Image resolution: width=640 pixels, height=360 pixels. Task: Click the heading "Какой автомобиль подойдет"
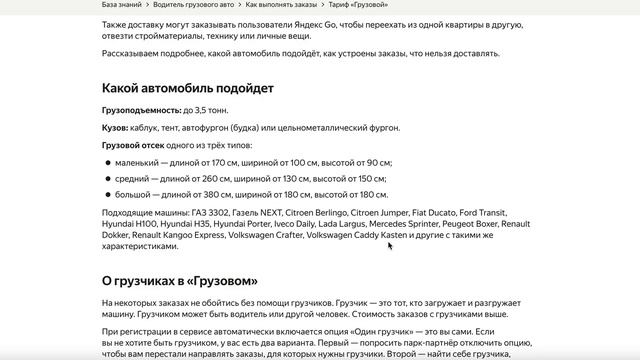[188, 88]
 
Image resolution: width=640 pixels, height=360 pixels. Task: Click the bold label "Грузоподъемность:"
[141, 109]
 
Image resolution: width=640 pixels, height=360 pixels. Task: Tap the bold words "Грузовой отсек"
[133, 145]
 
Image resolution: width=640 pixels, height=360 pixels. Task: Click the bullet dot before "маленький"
[108, 162]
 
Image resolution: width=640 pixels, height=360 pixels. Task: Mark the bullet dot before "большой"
[108, 195]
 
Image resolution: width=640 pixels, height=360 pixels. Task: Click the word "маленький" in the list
[138, 162]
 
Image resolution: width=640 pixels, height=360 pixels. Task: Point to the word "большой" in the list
[134, 195]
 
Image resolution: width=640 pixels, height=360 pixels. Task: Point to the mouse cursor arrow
[390, 245]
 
